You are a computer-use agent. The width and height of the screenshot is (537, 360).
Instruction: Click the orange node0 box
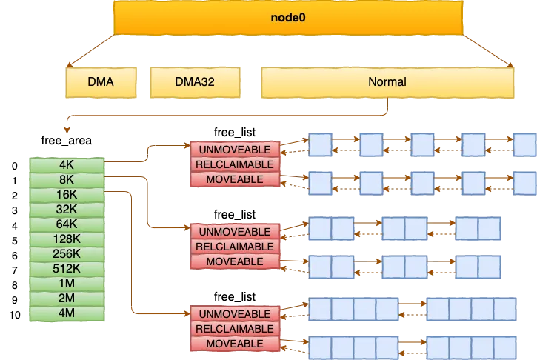tap(289, 16)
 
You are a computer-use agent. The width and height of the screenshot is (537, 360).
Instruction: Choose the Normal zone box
tap(387, 82)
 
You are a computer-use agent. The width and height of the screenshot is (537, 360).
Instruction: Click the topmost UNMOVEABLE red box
tap(235, 150)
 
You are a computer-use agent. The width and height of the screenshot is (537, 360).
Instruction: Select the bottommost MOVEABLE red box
tap(235, 344)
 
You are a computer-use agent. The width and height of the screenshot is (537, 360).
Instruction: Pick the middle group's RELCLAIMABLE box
tap(235, 247)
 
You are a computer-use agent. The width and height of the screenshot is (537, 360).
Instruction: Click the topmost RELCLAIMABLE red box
tap(235, 164)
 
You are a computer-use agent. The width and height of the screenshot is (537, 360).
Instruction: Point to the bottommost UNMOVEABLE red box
tap(235, 314)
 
